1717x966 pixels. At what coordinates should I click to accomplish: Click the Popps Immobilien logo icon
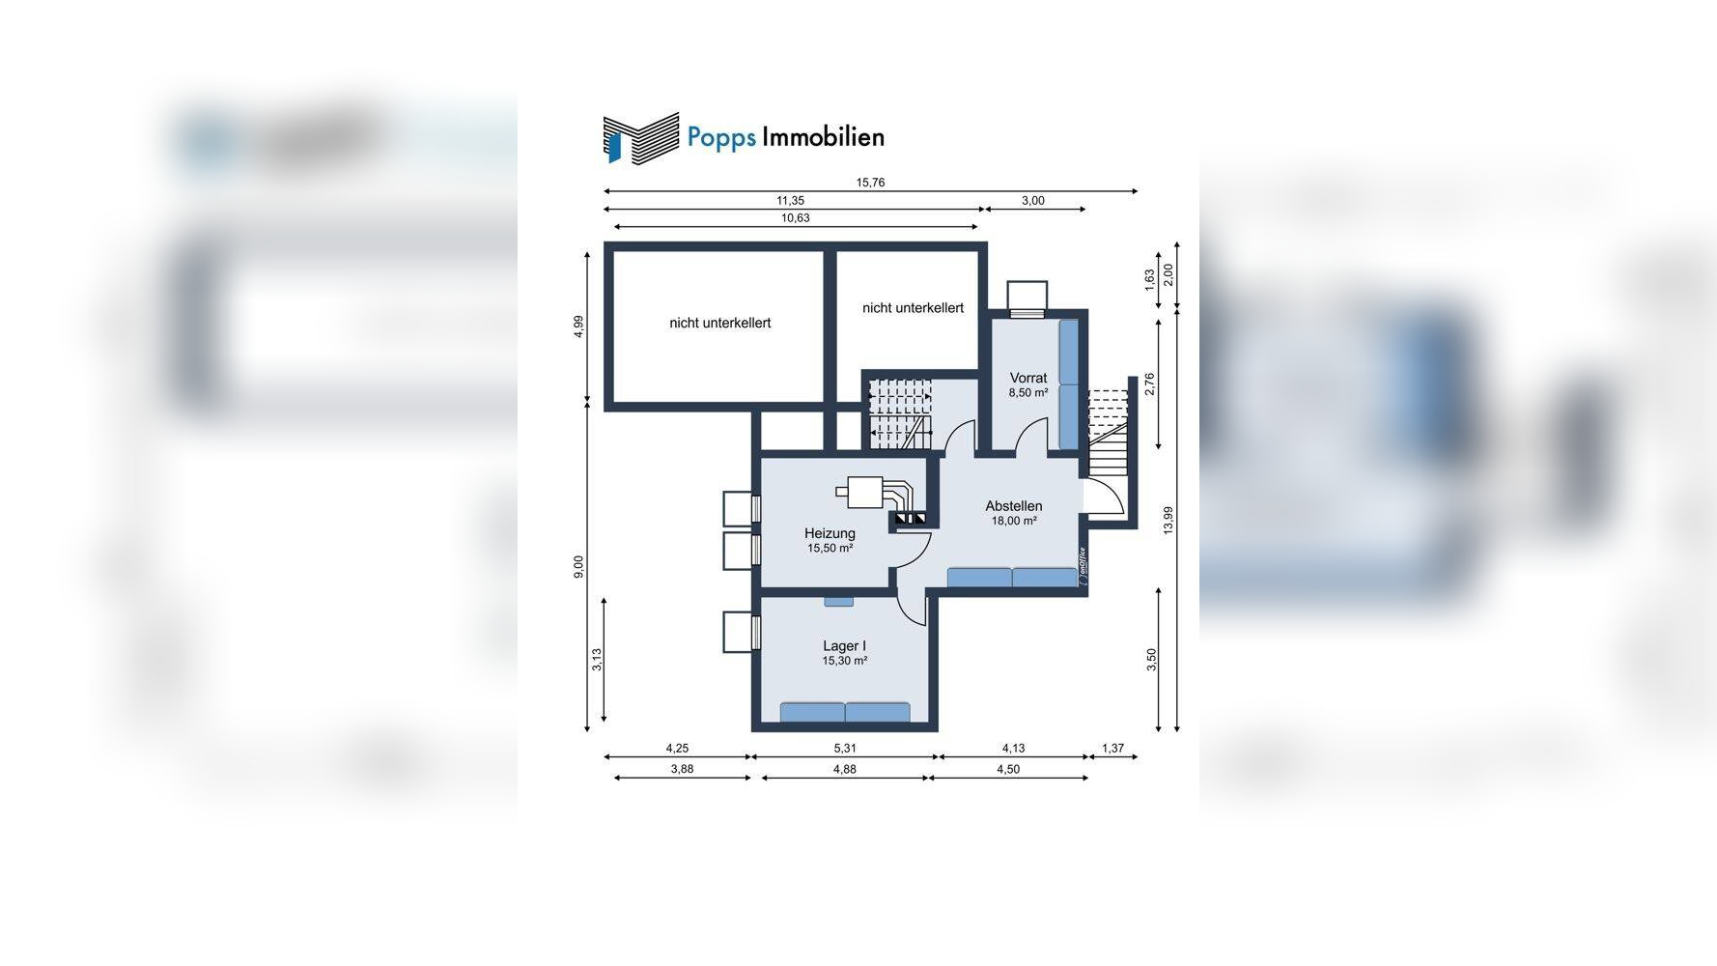640,136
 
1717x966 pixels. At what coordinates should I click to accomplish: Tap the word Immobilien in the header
823,137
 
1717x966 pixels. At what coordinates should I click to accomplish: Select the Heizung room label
830,533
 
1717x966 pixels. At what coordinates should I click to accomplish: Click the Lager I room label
844,646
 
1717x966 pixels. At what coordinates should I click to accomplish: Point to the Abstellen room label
1014,506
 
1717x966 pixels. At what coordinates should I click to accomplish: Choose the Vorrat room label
1028,378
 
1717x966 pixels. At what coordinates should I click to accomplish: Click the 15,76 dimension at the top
870,183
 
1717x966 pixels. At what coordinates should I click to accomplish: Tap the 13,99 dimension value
1168,521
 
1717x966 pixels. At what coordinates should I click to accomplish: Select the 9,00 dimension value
578,567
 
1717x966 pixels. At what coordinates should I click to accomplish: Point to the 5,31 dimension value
845,748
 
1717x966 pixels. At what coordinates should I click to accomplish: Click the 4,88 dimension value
845,769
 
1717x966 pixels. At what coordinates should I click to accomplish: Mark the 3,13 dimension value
597,659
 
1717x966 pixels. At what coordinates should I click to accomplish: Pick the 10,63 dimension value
796,218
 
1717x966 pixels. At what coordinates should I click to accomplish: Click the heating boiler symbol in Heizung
874,494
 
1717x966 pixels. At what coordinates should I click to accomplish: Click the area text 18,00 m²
1014,522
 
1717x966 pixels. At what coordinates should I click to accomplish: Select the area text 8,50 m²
1028,393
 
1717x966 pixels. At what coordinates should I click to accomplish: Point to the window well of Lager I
742,633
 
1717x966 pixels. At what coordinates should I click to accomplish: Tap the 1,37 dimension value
1113,748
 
